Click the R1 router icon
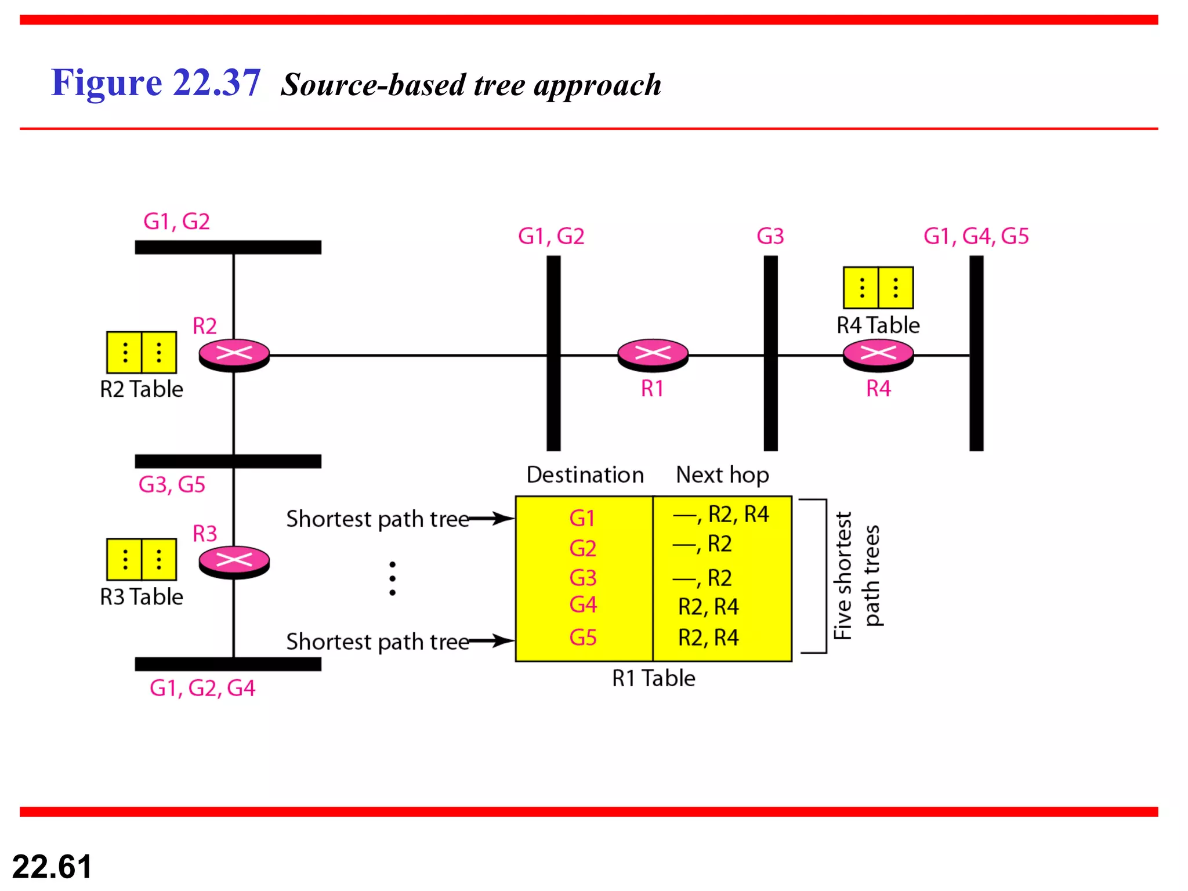coord(653,354)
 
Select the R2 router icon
coord(234,354)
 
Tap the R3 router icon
coord(234,562)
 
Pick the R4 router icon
coord(878,354)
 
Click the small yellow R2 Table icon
coord(142,352)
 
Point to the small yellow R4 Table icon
coord(878,288)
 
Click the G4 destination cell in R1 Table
coord(583,605)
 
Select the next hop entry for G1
coord(721,515)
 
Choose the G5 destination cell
coord(583,638)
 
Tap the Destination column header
coord(585,475)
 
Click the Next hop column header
coord(722,475)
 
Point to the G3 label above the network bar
coord(770,237)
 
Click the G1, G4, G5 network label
coord(976,237)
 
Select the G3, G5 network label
coord(172,484)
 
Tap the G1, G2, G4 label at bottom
coord(202,688)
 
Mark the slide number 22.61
coord(52,867)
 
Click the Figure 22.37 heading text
coord(155,82)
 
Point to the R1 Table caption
coord(654,678)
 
